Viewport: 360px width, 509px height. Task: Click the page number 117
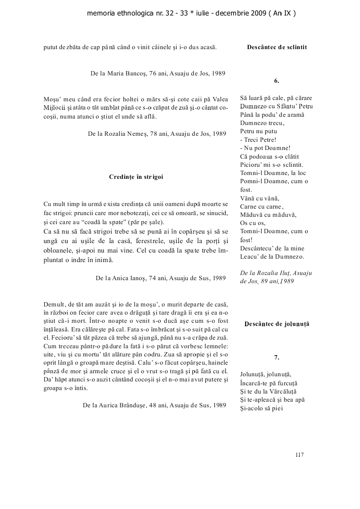300,454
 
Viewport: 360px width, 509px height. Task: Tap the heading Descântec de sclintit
277,47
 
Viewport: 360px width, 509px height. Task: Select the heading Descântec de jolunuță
277,324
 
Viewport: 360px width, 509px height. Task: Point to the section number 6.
277,81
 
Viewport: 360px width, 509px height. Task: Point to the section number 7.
277,357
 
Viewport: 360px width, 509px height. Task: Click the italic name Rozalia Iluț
282,273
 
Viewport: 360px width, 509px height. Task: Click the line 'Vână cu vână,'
260,198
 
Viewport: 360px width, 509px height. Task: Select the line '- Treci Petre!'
258,140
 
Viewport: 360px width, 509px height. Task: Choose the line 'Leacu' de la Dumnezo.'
272,256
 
